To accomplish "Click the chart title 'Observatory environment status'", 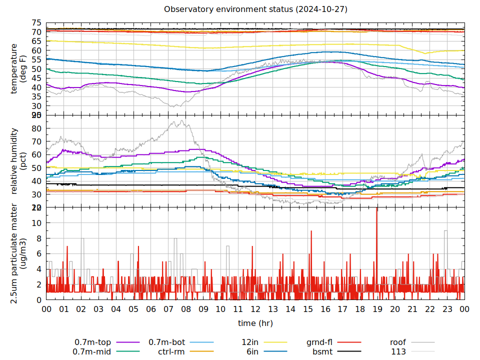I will [x=255, y=9].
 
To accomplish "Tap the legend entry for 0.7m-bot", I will [x=167, y=342].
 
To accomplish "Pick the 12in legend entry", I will [x=250, y=342].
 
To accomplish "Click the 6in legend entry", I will [x=252, y=351].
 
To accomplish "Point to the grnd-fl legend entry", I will [x=319, y=342].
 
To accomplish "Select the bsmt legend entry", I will [x=322, y=351].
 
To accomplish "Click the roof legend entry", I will [x=398, y=342].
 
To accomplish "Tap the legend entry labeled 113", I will [x=398, y=351].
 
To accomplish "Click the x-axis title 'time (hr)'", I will [x=255, y=323].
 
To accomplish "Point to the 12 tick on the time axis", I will [x=255, y=309].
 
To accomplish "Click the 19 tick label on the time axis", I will [x=377, y=309].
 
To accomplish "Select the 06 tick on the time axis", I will [x=151, y=309].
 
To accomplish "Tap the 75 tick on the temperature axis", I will [x=36, y=23].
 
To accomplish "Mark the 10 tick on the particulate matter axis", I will [x=36, y=223].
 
